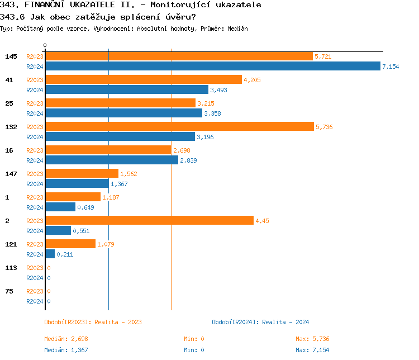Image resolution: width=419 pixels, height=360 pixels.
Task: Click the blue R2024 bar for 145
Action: tap(213, 67)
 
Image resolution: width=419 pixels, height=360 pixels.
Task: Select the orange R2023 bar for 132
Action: tap(179, 127)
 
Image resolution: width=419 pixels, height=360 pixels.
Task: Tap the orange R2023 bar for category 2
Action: tap(149, 221)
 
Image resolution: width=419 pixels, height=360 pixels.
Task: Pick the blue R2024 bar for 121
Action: tap(50, 254)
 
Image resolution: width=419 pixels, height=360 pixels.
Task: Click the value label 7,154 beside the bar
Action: tap(391, 67)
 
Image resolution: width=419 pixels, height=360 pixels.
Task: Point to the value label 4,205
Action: tap(252, 80)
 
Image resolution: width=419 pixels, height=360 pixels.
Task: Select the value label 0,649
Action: tap(86, 207)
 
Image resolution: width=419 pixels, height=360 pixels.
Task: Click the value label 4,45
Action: tap(262, 221)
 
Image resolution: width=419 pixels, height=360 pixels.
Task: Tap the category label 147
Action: tap(11, 174)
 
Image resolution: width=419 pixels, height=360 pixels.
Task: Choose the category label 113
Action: tap(11, 268)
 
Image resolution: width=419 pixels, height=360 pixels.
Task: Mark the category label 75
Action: tap(9, 291)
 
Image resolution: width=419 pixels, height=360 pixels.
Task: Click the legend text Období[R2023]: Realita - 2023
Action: tap(93, 322)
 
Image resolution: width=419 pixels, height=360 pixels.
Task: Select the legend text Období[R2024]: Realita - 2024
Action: tap(260, 322)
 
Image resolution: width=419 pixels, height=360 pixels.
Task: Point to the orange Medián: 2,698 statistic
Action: tap(66, 339)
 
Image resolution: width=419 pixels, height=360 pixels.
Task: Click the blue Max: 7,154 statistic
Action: tap(312, 350)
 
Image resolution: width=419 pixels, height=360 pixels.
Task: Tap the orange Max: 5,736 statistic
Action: tap(312, 339)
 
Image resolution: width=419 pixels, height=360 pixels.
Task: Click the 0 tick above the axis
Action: tap(45, 45)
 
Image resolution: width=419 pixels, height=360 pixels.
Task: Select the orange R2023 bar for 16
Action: tap(108, 150)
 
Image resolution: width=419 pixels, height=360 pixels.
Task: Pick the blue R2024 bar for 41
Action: tap(127, 90)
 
